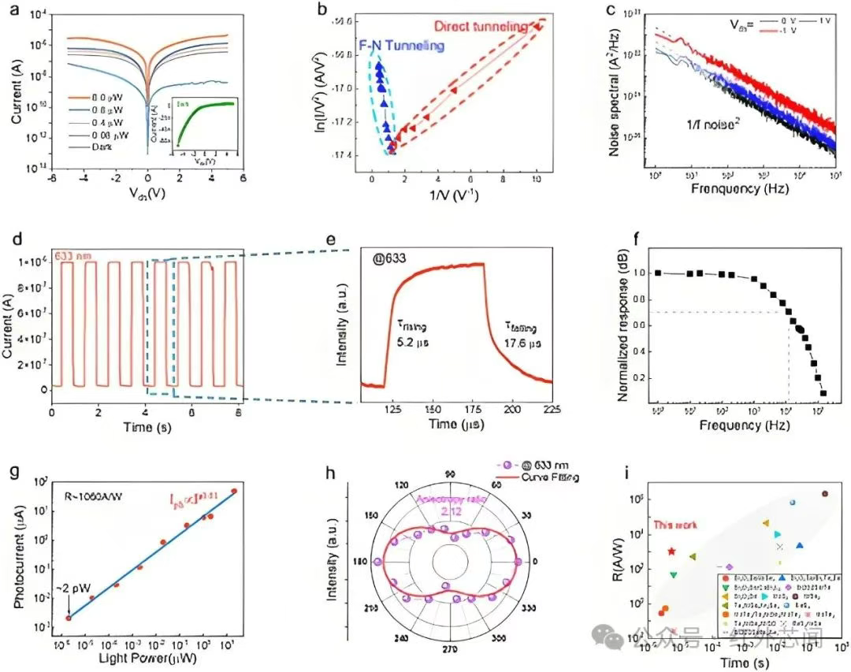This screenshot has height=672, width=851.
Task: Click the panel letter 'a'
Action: coord(13,10)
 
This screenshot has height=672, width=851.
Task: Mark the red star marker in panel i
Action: coord(671,551)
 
